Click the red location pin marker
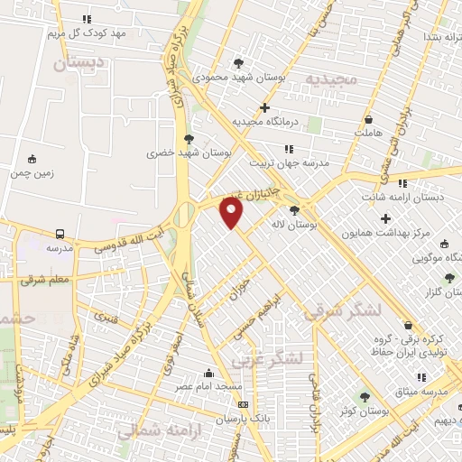(233, 214)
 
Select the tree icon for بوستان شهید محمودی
(238, 63)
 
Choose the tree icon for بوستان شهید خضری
(188, 139)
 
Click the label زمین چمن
(33, 171)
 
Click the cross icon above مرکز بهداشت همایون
(386, 218)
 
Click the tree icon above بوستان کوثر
(365, 397)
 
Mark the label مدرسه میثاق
(431, 393)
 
